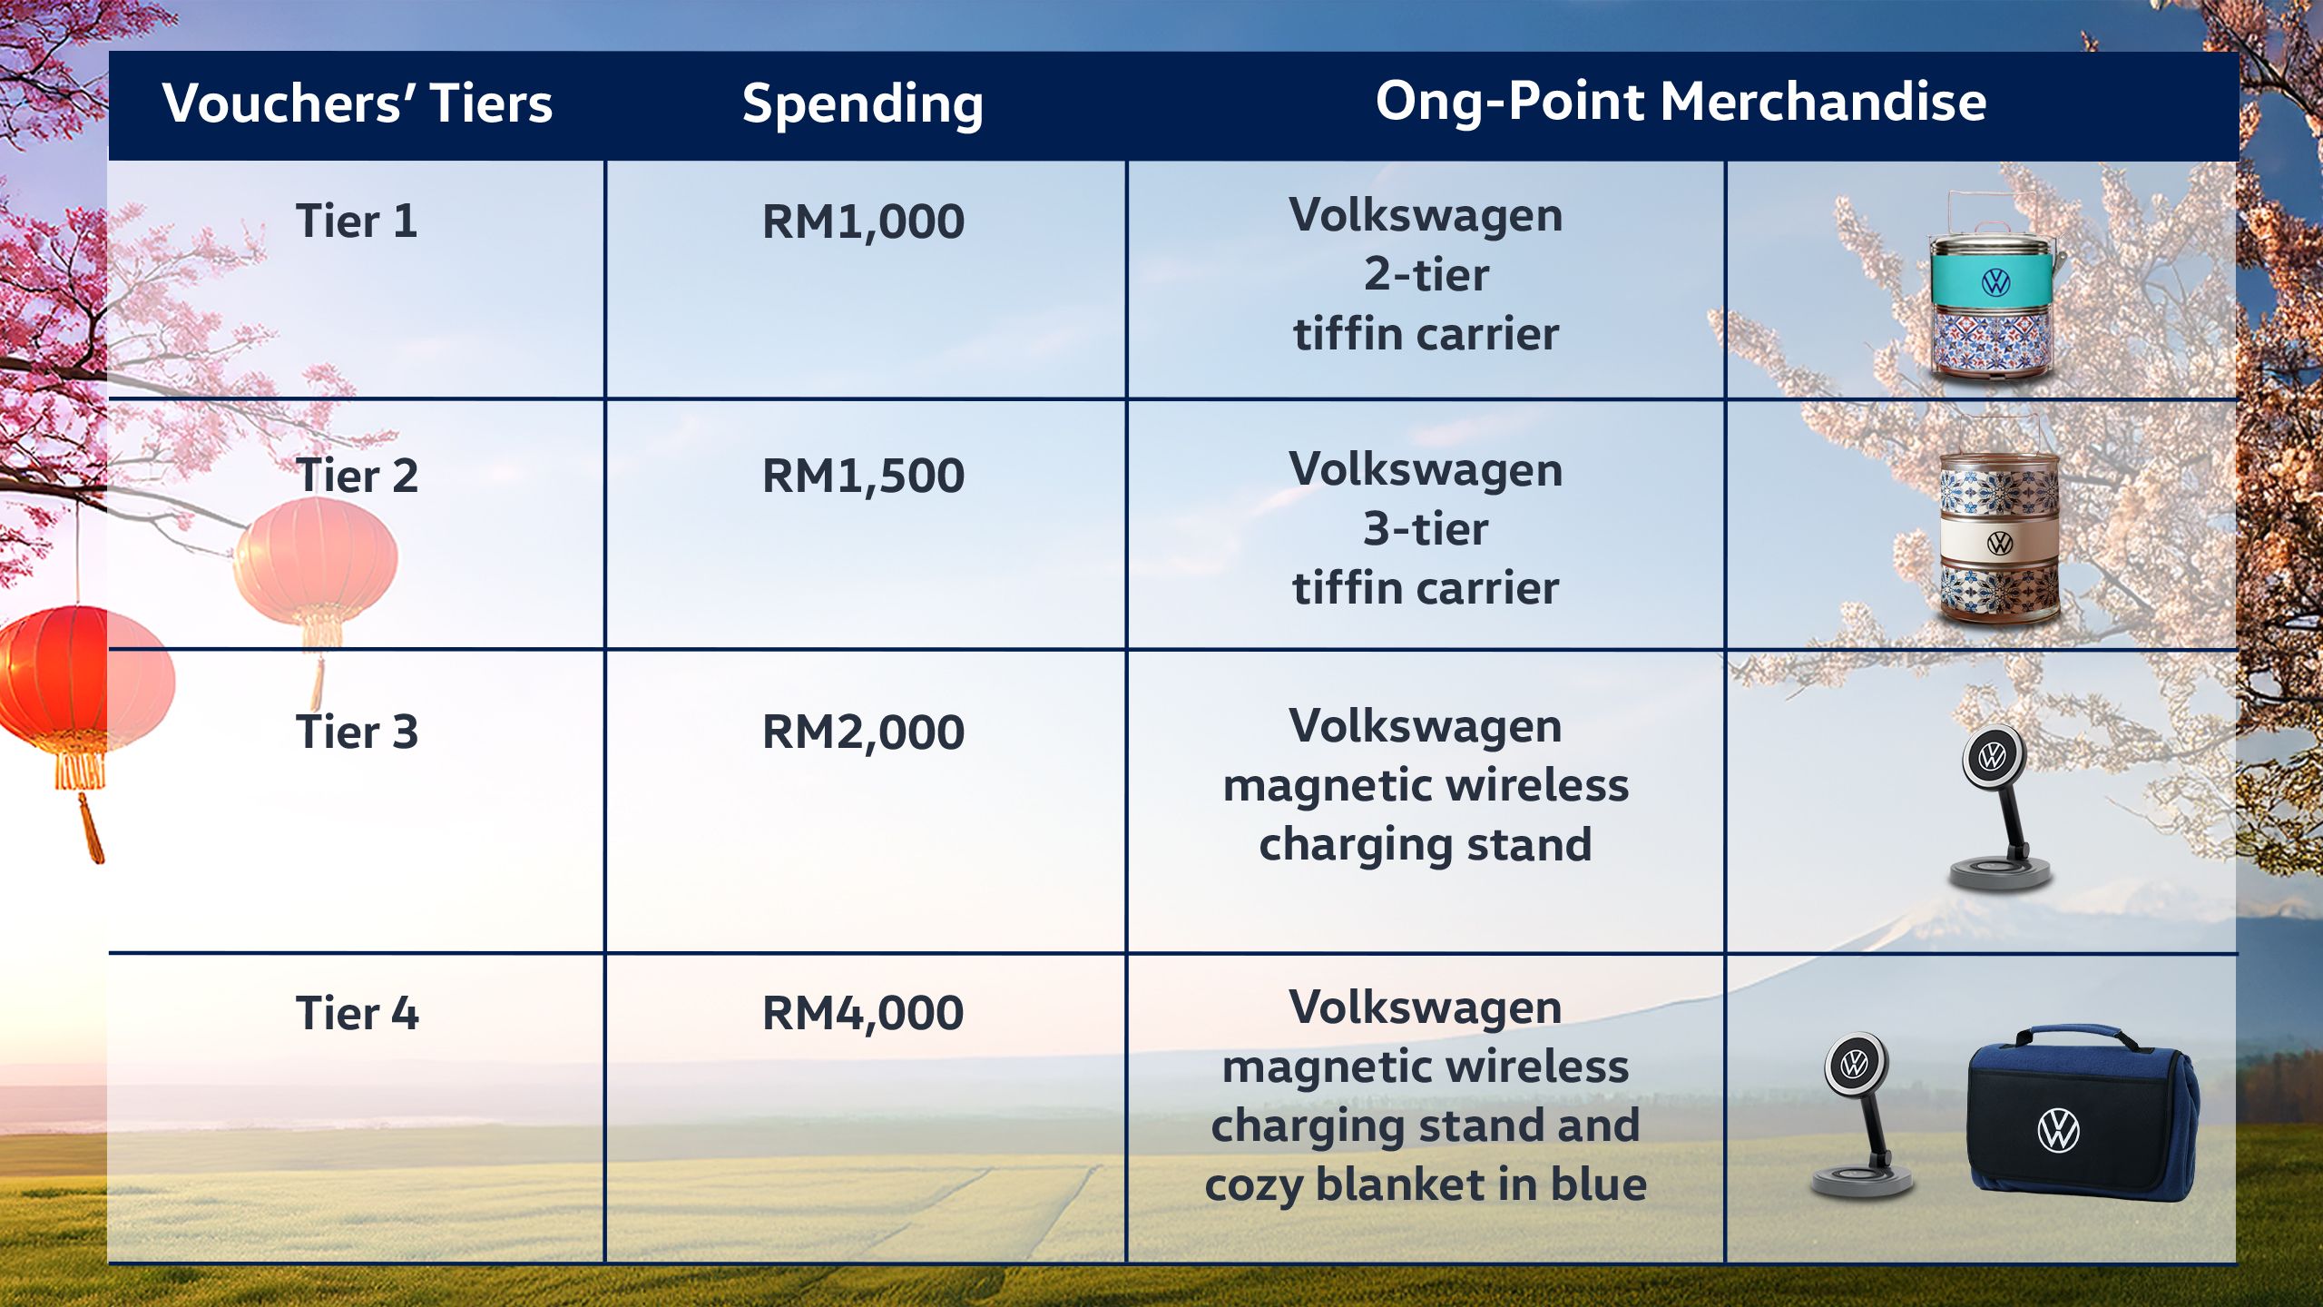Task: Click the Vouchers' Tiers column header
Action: [x=358, y=103]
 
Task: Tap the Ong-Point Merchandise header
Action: [x=1681, y=102]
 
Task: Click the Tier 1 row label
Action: [x=357, y=221]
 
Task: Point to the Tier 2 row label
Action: [x=357, y=476]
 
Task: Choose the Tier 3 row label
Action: [x=357, y=732]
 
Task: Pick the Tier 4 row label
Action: [x=357, y=1013]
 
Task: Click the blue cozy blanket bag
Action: [x=2083, y=1115]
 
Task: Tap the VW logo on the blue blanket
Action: [x=2058, y=1131]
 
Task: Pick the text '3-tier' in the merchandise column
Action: [x=1426, y=528]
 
